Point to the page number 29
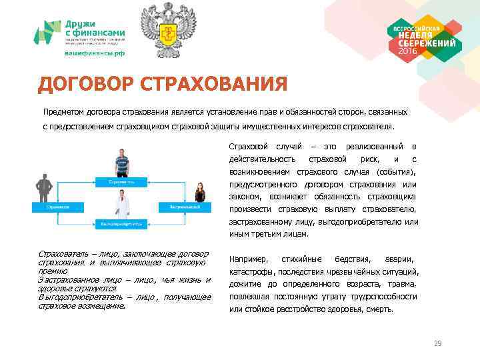tap(437, 343)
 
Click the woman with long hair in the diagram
tap(199, 193)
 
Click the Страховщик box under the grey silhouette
tap(56, 207)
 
